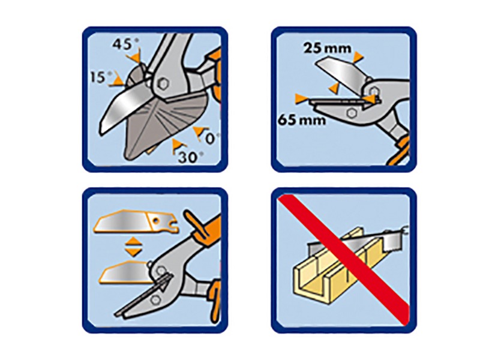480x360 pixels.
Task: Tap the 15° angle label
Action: click(101, 77)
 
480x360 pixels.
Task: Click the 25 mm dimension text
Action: click(327, 49)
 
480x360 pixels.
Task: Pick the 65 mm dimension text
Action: click(302, 119)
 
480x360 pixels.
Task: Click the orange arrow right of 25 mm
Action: click(358, 57)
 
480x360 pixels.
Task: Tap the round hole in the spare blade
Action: click(157, 220)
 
